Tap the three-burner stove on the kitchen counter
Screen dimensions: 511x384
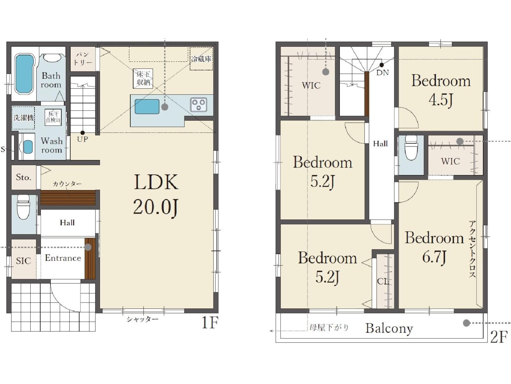click(198, 105)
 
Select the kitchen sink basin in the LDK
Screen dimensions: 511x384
click(147, 107)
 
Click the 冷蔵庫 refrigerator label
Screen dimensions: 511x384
click(201, 59)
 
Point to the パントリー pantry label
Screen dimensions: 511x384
click(83, 59)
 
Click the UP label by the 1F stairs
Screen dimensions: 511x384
click(82, 139)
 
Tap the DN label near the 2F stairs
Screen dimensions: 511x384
click(383, 73)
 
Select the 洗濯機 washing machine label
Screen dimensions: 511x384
click(24, 118)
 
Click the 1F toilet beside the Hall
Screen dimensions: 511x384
click(24, 207)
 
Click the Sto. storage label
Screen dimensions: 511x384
click(24, 177)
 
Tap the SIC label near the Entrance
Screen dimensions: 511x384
click(23, 261)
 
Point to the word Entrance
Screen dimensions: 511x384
click(63, 258)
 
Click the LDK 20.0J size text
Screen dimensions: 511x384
click(156, 208)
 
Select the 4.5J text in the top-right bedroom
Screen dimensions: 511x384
click(441, 100)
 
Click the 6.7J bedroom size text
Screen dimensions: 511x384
click(434, 257)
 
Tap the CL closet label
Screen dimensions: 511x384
click(383, 281)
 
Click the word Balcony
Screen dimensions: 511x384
click(389, 329)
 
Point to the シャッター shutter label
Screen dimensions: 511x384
click(143, 319)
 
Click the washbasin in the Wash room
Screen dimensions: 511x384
click(28, 147)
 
